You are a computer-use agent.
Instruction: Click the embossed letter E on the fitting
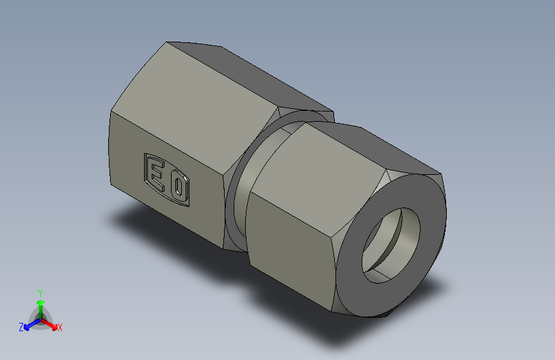point(155,173)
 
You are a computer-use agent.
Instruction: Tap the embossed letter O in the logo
point(179,188)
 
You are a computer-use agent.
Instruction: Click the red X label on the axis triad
point(60,327)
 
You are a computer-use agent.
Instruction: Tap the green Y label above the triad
point(40,291)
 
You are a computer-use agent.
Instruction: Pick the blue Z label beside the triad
point(21,327)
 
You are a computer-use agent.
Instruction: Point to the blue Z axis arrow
point(29,324)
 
